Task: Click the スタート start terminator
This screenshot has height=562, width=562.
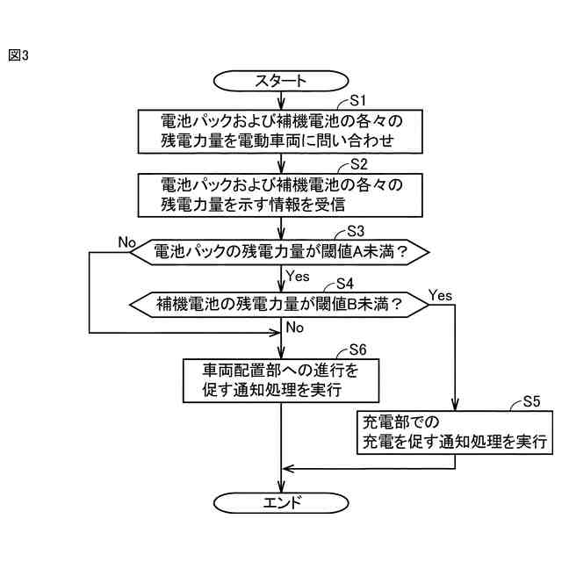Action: [x=280, y=81]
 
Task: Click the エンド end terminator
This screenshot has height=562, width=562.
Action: [x=280, y=503]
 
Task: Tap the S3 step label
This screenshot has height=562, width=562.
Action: [x=355, y=231]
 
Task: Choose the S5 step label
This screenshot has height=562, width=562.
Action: [x=530, y=401]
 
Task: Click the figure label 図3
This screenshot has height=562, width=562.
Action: [x=19, y=55]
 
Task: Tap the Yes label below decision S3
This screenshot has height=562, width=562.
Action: [x=299, y=276]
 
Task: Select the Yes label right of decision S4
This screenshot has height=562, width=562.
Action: [x=441, y=295]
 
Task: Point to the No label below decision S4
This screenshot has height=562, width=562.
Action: [x=295, y=328]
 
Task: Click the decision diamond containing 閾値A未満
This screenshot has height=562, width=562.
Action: [x=280, y=251]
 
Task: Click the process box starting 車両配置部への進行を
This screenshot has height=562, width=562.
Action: [x=280, y=379]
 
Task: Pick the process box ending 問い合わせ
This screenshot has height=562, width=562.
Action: [x=280, y=130]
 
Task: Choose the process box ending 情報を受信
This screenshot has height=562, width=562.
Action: [x=280, y=194]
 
